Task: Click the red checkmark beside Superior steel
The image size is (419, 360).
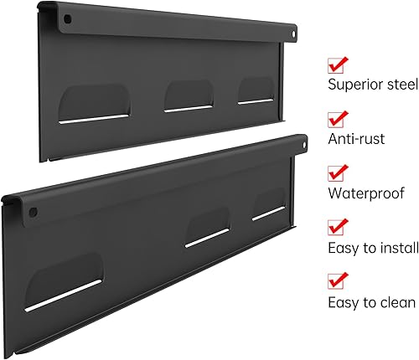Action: (x=338, y=64)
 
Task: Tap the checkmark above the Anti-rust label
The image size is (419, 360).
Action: (x=338, y=118)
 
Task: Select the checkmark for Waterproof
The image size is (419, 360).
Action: (x=338, y=172)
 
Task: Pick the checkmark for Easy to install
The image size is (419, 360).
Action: (x=338, y=226)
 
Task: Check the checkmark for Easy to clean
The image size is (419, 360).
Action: (x=338, y=280)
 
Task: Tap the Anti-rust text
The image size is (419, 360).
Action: (x=356, y=138)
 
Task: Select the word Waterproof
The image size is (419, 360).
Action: (x=365, y=193)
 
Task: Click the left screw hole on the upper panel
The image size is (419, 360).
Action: (x=69, y=18)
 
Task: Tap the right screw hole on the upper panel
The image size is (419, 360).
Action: (x=294, y=36)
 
